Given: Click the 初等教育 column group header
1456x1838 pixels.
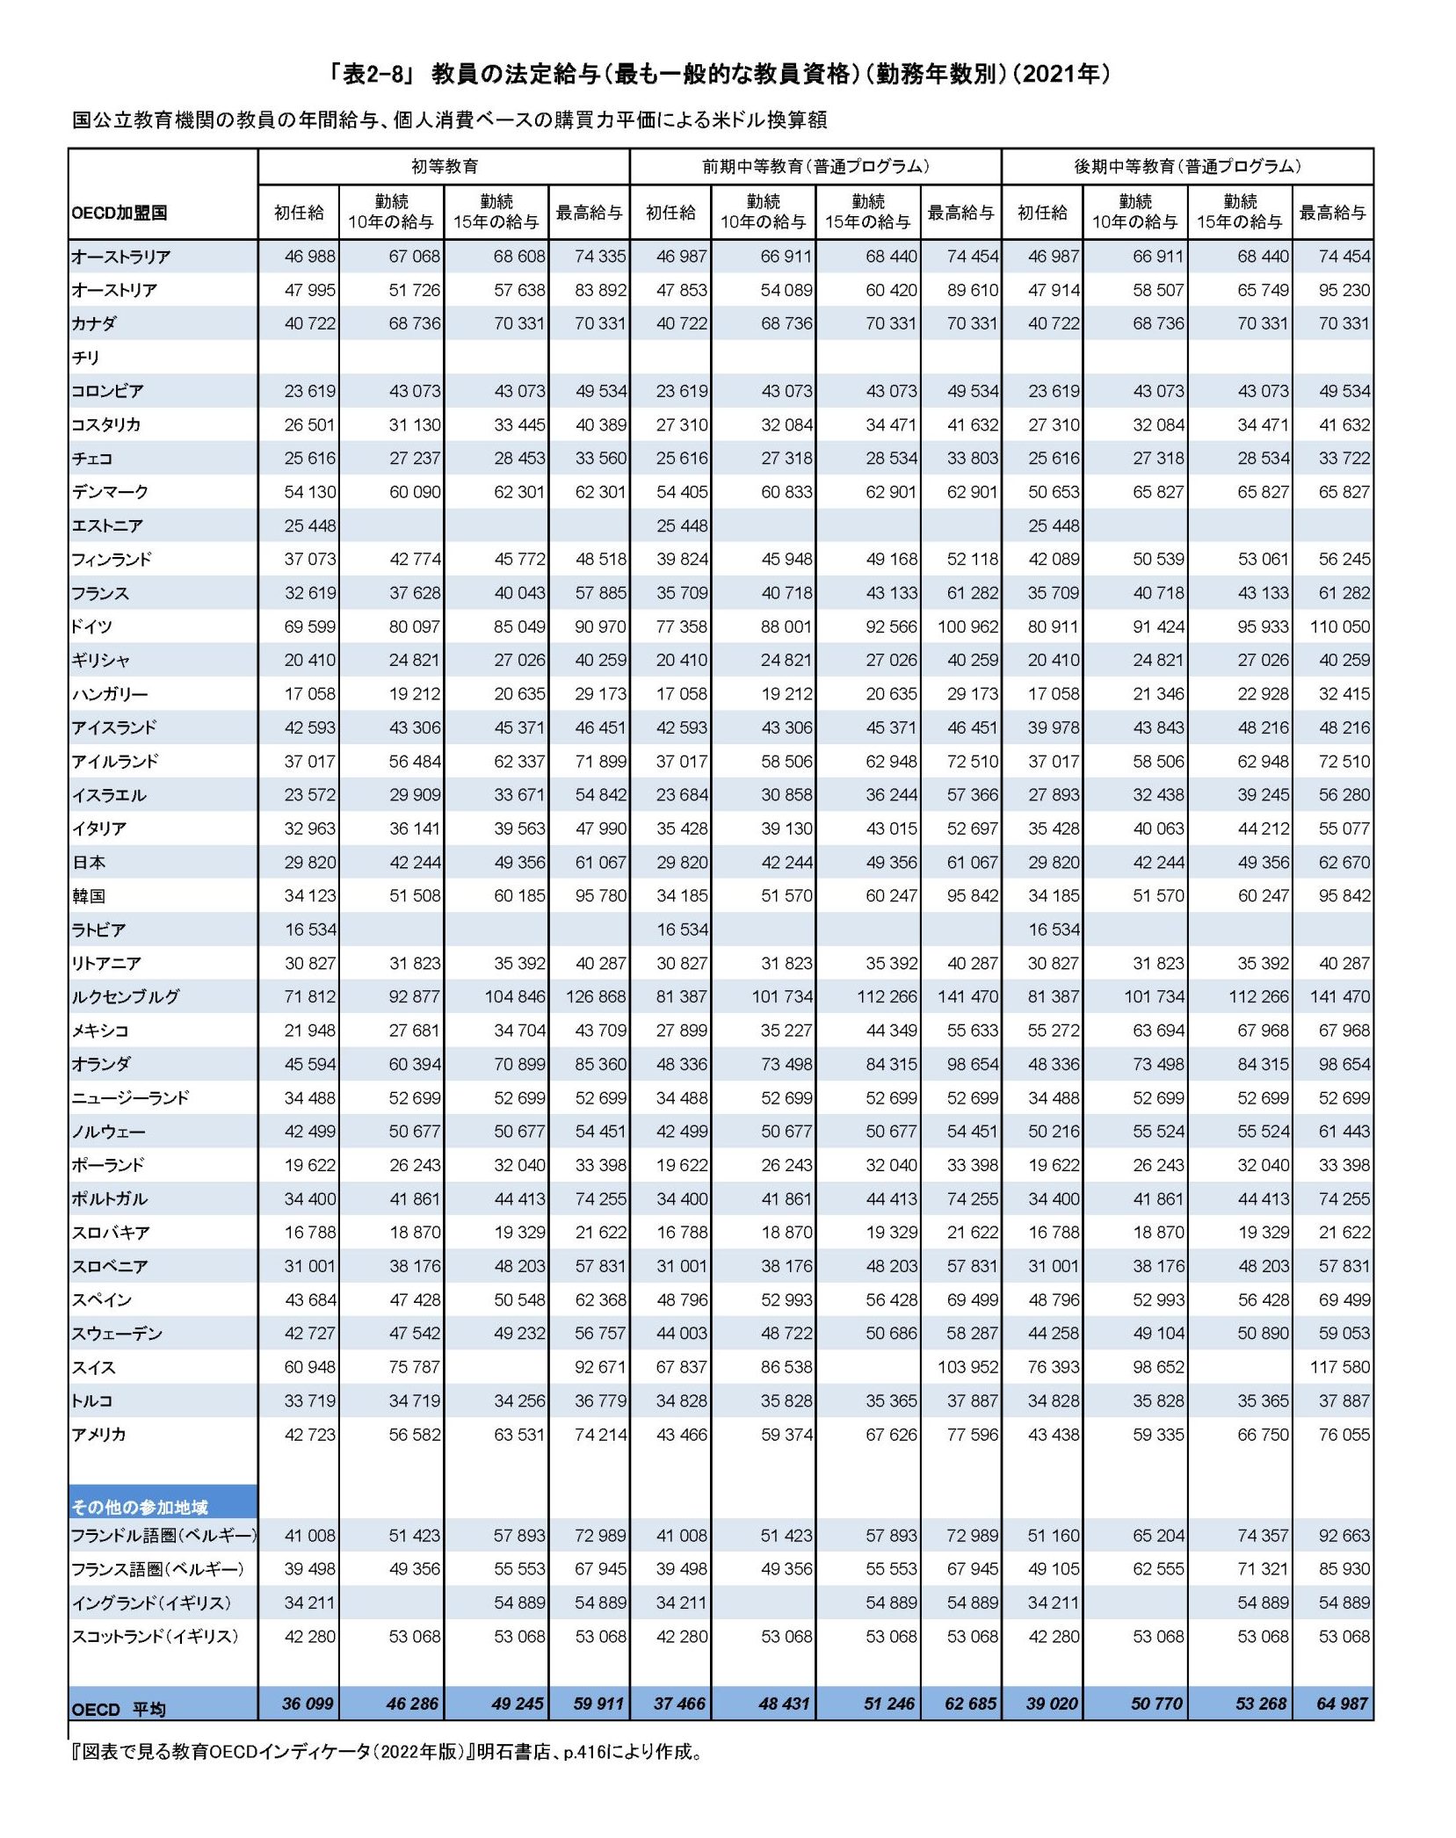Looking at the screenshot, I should (445, 166).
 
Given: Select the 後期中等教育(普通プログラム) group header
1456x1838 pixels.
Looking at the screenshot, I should (1187, 166).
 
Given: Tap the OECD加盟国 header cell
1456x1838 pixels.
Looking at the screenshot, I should (120, 213).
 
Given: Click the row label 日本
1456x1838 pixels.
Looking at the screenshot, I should (89, 863).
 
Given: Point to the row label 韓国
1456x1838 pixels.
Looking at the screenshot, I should (89, 896).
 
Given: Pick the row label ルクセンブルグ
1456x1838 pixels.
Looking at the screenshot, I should (126, 997).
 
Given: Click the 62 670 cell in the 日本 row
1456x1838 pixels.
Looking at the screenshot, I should (1344, 863).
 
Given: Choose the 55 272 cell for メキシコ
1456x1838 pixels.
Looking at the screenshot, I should (1054, 1031).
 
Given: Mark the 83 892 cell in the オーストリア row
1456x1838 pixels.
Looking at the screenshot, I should (600, 290).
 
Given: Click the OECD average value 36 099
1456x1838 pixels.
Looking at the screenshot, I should (308, 1704).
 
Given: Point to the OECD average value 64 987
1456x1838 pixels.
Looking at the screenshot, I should (1342, 1704).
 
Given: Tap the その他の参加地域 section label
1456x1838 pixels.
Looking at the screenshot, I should (140, 1508).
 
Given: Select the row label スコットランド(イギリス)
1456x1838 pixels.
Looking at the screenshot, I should (155, 1636).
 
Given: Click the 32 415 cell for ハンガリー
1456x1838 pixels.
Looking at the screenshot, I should (1344, 694).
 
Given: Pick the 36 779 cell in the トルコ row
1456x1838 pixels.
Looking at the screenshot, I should (600, 1400).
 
